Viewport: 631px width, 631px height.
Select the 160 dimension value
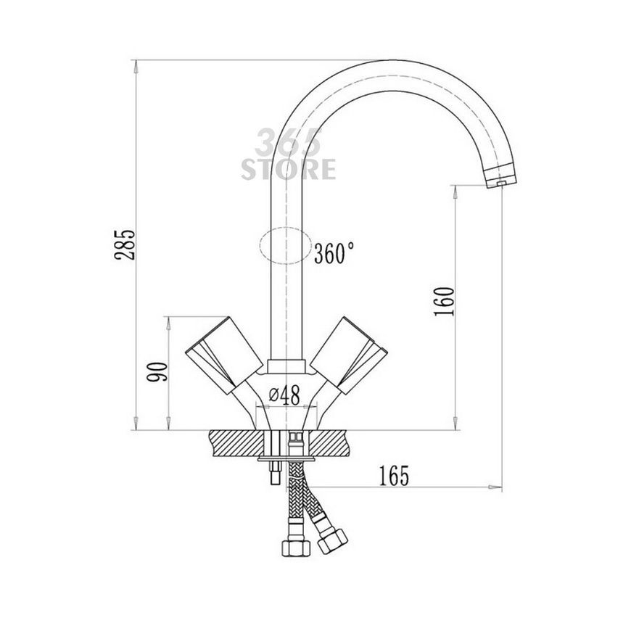[445, 302]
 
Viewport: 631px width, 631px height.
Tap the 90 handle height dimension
[157, 372]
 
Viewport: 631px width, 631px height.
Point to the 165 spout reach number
[394, 476]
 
